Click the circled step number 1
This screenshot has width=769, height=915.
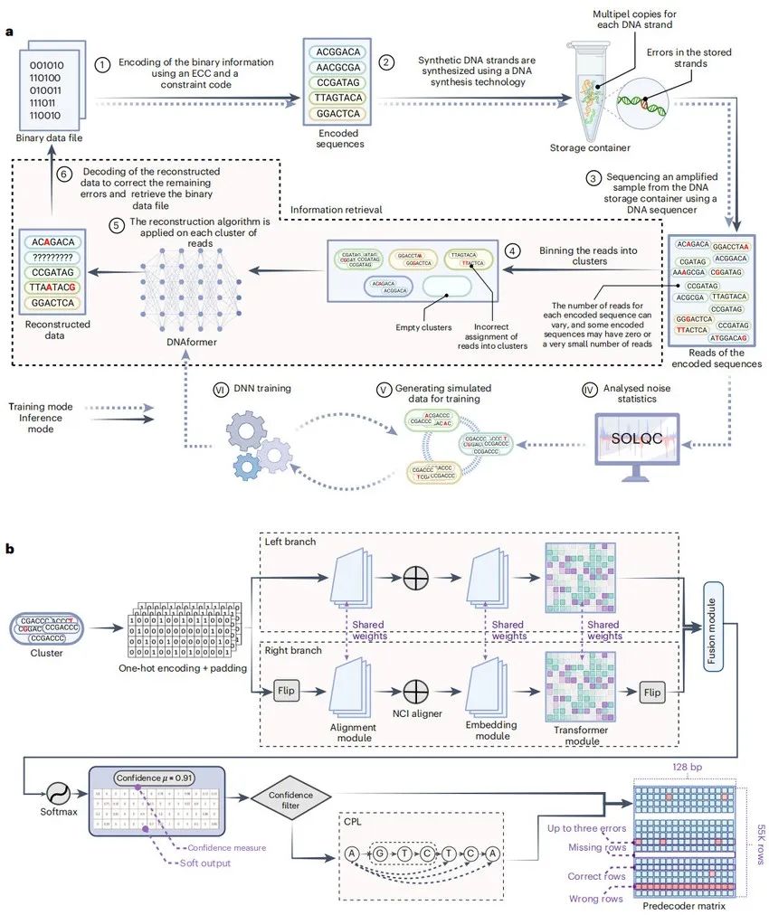[103, 65]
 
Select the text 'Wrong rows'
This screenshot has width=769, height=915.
[595, 899]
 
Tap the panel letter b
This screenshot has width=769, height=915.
[10, 548]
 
